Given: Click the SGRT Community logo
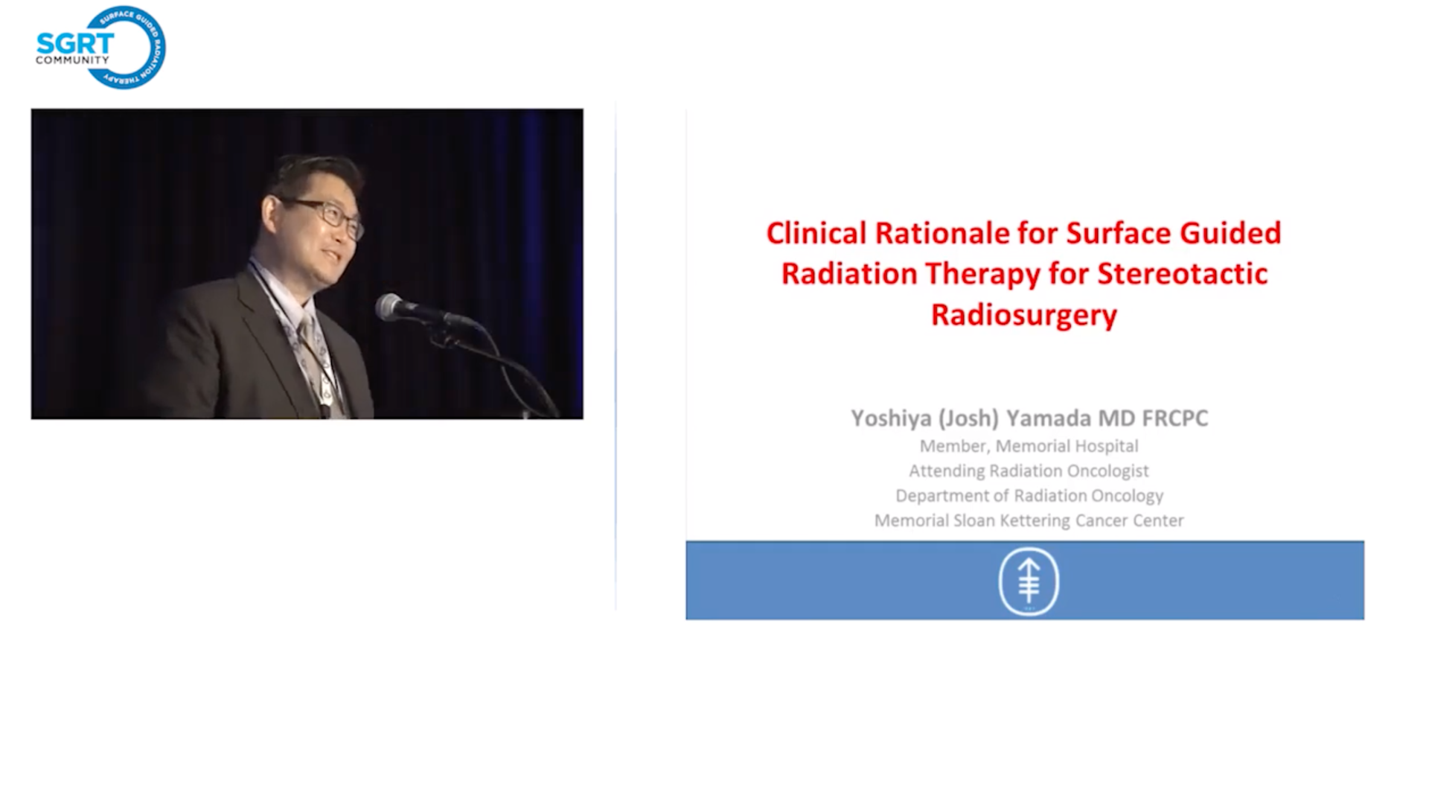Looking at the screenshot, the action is (100, 48).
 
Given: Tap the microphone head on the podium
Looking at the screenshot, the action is (389, 306).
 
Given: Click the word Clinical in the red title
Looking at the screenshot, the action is (816, 233).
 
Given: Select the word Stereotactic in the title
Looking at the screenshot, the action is (1183, 274).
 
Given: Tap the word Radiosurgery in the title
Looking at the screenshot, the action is (1024, 316).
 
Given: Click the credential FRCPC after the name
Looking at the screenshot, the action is (1175, 418).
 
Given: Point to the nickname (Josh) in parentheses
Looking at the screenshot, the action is (968, 418).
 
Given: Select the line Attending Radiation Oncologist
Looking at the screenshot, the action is (1029, 471).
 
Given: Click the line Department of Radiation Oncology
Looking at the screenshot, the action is (1029, 496).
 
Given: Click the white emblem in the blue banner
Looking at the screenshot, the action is (1029, 582).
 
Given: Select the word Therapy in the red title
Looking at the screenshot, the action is (982, 275).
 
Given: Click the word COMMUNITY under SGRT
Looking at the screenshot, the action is (72, 60).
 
